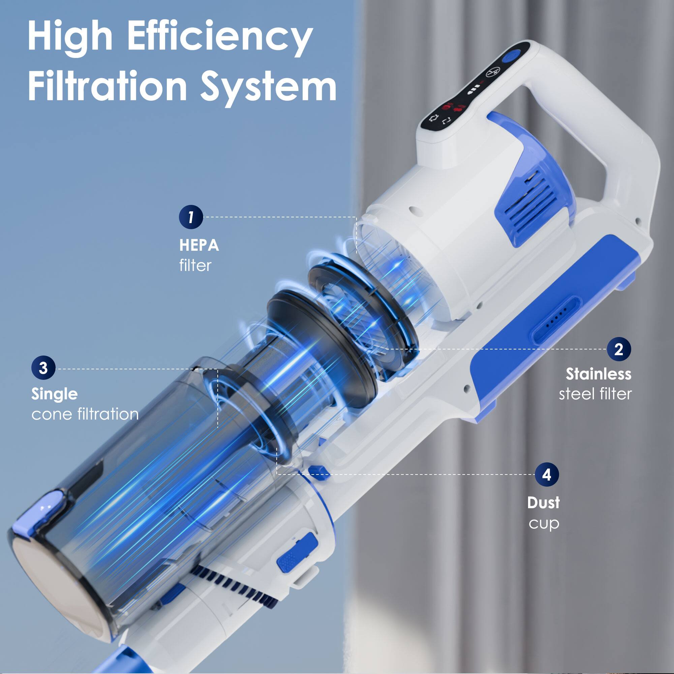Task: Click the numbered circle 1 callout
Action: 191,217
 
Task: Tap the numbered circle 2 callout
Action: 618,349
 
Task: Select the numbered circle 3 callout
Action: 43,368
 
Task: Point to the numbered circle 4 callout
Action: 547,474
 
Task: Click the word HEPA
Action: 199,245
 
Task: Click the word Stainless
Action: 598,374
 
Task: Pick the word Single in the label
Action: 54,394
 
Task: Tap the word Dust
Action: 543,503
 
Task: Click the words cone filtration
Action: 85,414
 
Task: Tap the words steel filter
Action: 595,394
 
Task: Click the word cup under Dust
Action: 544,523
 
